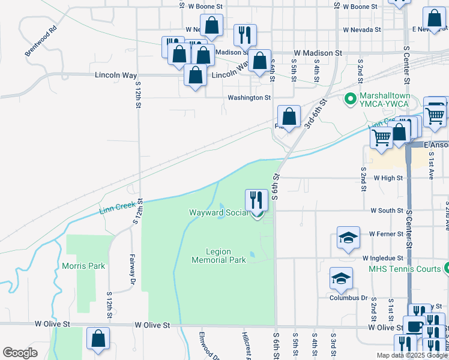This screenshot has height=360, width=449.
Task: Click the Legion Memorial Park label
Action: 218,256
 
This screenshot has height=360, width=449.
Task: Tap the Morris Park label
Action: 83,266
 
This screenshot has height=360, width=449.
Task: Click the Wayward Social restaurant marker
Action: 257,201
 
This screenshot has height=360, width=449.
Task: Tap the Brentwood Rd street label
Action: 40,41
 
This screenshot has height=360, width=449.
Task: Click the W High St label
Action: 387,178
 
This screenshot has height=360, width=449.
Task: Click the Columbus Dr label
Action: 348,298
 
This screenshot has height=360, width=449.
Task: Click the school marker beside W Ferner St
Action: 348,238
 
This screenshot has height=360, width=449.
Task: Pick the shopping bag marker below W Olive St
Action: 98,338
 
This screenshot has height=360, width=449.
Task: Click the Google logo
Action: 20,353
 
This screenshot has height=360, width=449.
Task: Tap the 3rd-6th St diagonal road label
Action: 315,114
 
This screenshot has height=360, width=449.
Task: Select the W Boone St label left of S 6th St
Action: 205,6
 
